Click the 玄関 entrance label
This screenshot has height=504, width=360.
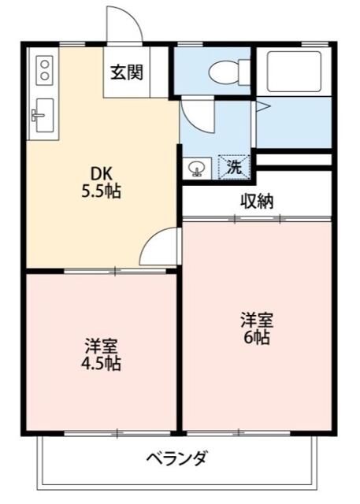pyautogui.click(x=126, y=73)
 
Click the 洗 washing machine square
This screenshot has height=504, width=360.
pyautogui.click(x=235, y=167)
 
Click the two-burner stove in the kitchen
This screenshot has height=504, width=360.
pyautogui.click(x=43, y=69)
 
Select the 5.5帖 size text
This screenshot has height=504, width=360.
pyautogui.click(x=101, y=191)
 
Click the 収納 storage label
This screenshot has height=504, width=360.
pyautogui.click(x=256, y=201)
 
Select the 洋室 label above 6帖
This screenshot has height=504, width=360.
pyautogui.click(x=257, y=321)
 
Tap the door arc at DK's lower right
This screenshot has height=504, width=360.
pyautogui.click(x=160, y=248)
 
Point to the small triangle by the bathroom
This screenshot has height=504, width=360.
pyautogui.click(x=264, y=104)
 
